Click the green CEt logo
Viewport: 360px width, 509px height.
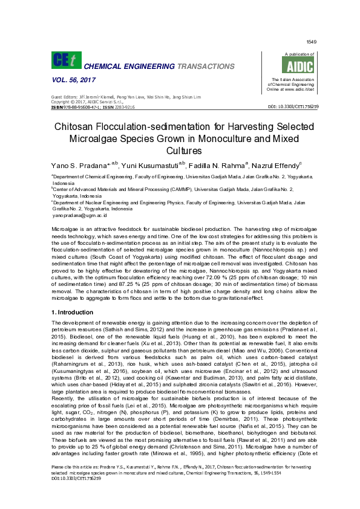[65, 60]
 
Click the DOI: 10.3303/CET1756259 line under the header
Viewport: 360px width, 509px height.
[293, 106]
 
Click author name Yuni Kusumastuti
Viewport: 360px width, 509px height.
[151, 164]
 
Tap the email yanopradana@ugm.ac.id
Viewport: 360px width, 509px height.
[80, 215]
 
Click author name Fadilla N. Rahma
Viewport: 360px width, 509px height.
[220, 164]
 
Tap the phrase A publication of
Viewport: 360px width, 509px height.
[292, 54]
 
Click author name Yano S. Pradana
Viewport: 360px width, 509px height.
[80, 164]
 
